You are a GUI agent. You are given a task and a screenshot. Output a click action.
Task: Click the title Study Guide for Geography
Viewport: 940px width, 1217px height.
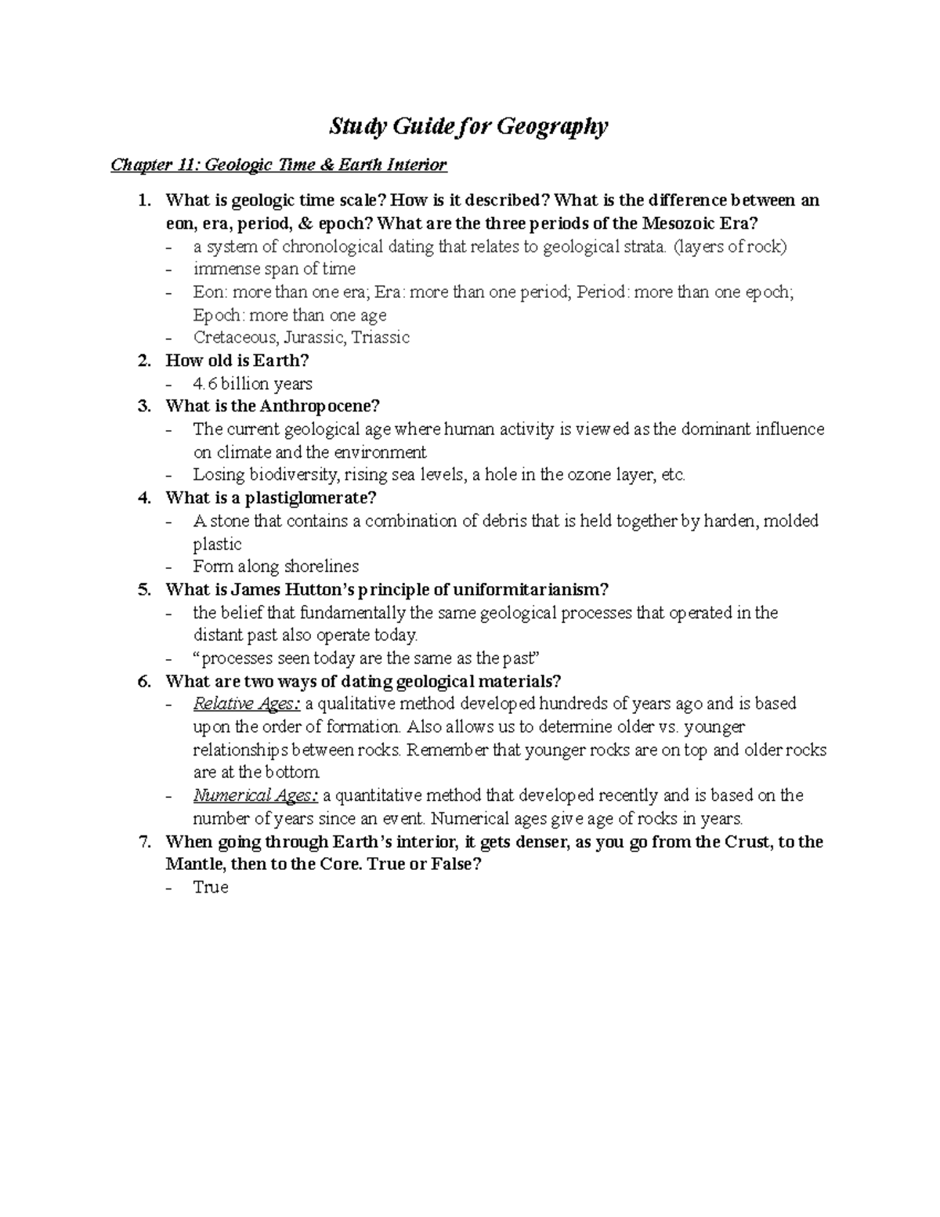pos(468,126)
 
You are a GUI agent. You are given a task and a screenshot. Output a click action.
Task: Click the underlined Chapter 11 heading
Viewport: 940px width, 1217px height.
pos(278,165)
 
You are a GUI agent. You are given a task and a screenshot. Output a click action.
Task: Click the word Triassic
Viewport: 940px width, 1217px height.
pos(381,338)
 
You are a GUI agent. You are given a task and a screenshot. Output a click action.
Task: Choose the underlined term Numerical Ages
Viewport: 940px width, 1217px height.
pos(255,795)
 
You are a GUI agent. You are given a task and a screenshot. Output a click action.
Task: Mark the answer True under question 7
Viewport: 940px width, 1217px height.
pos(210,888)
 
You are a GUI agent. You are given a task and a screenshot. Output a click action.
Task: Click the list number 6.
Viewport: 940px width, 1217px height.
pos(143,681)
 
